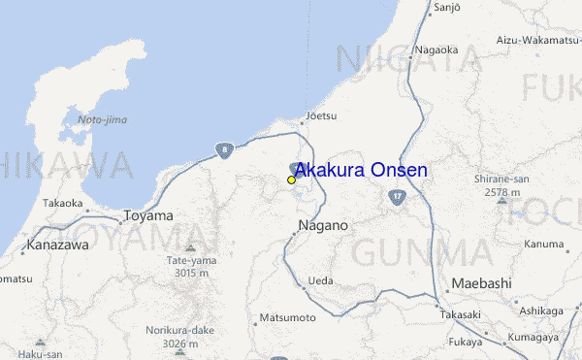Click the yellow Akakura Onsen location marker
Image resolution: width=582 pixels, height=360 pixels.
tap(291, 180)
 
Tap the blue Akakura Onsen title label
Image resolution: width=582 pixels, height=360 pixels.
tap(360, 171)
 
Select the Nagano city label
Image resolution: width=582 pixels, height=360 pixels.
tap(320, 225)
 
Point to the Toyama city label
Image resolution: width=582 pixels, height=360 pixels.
tap(148, 215)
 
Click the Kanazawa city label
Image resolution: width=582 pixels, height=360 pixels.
tap(58, 245)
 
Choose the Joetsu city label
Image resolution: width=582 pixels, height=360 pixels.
tap(320, 115)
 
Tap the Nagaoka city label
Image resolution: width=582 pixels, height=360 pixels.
tap(435, 49)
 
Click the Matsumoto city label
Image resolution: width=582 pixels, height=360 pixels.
tap(288, 318)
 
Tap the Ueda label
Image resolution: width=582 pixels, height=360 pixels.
tap(319, 281)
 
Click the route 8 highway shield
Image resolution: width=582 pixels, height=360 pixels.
tap(225, 149)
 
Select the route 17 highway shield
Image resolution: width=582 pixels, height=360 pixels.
tap(397, 197)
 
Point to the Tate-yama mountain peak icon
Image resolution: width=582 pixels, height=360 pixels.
tap(188, 234)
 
